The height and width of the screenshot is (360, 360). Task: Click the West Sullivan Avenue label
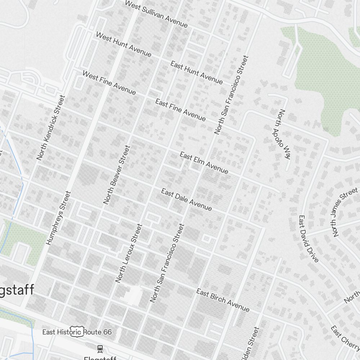(x=156, y=14)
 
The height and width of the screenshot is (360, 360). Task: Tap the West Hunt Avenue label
(x=123, y=44)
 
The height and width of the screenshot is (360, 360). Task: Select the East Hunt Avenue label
(x=197, y=73)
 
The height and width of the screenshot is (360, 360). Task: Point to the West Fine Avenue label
(x=109, y=83)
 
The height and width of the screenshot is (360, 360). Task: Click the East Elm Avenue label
(x=204, y=163)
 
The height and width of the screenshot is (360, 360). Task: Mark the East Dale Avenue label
(x=186, y=199)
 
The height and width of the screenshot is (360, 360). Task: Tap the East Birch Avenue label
(x=222, y=300)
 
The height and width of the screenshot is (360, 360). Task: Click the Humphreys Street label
(x=59, y=218)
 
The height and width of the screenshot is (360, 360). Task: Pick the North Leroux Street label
(x=129, y=253)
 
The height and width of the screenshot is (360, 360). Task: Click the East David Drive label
(x=309, y=239)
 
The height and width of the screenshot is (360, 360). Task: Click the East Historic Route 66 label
(x=77, y=332)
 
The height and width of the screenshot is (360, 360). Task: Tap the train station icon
(x=100, y=348)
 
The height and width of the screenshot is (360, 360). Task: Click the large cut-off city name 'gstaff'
(x=17, y=290)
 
